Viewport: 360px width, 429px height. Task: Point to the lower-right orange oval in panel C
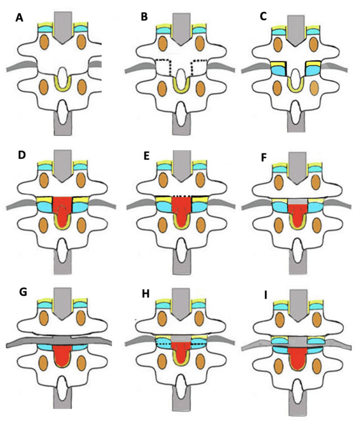pyautogui.click(x=313, y=88)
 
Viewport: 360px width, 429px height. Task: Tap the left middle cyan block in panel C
pyautogui.click(x=278, y=70)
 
